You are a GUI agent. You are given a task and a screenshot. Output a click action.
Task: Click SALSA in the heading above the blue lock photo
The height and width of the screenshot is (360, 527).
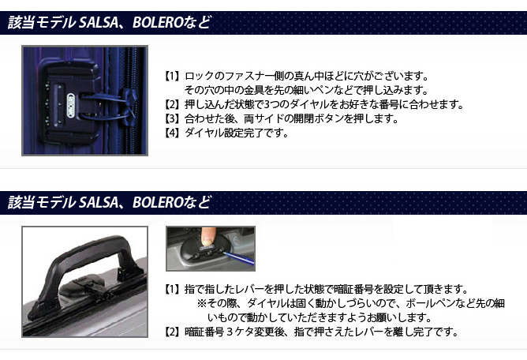98,23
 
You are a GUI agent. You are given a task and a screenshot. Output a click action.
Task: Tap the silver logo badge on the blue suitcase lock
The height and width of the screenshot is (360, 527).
70,105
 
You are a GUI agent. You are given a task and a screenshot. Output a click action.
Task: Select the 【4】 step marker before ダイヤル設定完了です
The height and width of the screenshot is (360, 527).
172,133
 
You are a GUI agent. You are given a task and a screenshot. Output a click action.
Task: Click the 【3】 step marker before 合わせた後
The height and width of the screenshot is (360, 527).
172,118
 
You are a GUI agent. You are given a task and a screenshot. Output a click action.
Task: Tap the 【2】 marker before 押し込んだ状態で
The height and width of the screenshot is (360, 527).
172,105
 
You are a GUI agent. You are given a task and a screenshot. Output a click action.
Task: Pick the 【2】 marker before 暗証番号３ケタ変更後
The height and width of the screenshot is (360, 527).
172,332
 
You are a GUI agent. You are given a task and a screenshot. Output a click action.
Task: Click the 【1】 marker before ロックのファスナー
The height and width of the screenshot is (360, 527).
172,76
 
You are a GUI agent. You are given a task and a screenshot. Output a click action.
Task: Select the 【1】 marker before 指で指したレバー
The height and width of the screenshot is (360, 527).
172,290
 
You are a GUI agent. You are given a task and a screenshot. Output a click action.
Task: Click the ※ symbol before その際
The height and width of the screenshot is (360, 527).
202,303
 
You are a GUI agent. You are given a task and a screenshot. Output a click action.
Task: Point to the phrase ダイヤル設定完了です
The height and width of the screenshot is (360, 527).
237,133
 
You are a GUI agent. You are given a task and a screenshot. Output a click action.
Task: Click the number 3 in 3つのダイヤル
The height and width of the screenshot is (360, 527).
267,105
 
